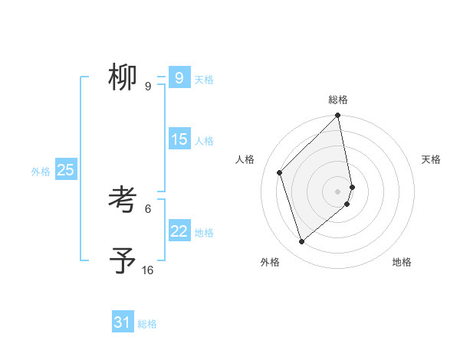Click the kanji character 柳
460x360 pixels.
(123, 77)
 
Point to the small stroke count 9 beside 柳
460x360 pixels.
(147, 87)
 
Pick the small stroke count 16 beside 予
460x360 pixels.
(147, 270)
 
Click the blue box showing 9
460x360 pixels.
(179, 77)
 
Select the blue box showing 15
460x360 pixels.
(179, 139)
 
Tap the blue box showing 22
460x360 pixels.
(179, 231)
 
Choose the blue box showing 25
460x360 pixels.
(65, 170)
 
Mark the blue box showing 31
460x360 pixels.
(123, 322)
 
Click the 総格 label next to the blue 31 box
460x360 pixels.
(147, 324)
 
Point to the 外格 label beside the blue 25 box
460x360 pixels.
(41, 172)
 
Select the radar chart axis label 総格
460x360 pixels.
(338, 100)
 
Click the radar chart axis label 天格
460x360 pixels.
(432, 159)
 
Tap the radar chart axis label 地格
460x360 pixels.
(402, 262)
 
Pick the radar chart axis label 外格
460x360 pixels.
(270, 262)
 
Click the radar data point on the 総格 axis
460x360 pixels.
(338, 116)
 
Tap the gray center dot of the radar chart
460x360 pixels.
(338, 191)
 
